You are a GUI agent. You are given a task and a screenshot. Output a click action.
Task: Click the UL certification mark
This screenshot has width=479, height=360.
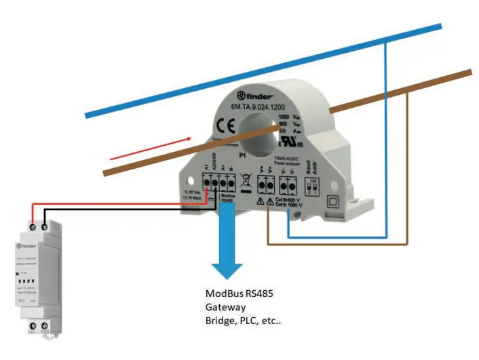tap(294, 144)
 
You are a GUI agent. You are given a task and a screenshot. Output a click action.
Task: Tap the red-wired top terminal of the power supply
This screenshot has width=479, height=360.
tap(33, 222)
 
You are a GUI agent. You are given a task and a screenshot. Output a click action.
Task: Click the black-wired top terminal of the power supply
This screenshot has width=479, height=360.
tap(45, 223)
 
